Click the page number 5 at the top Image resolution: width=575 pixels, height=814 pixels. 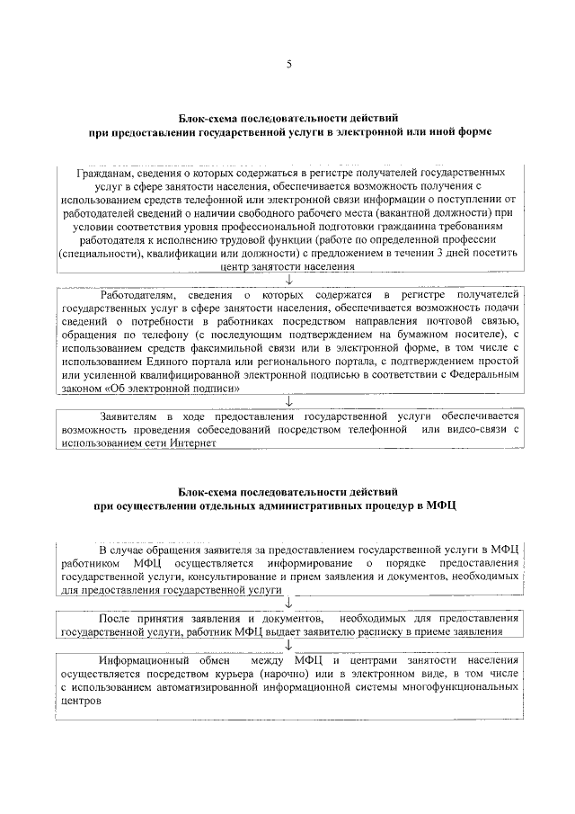pos(288,64)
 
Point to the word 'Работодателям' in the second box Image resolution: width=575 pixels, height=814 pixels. pos(137,295)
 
